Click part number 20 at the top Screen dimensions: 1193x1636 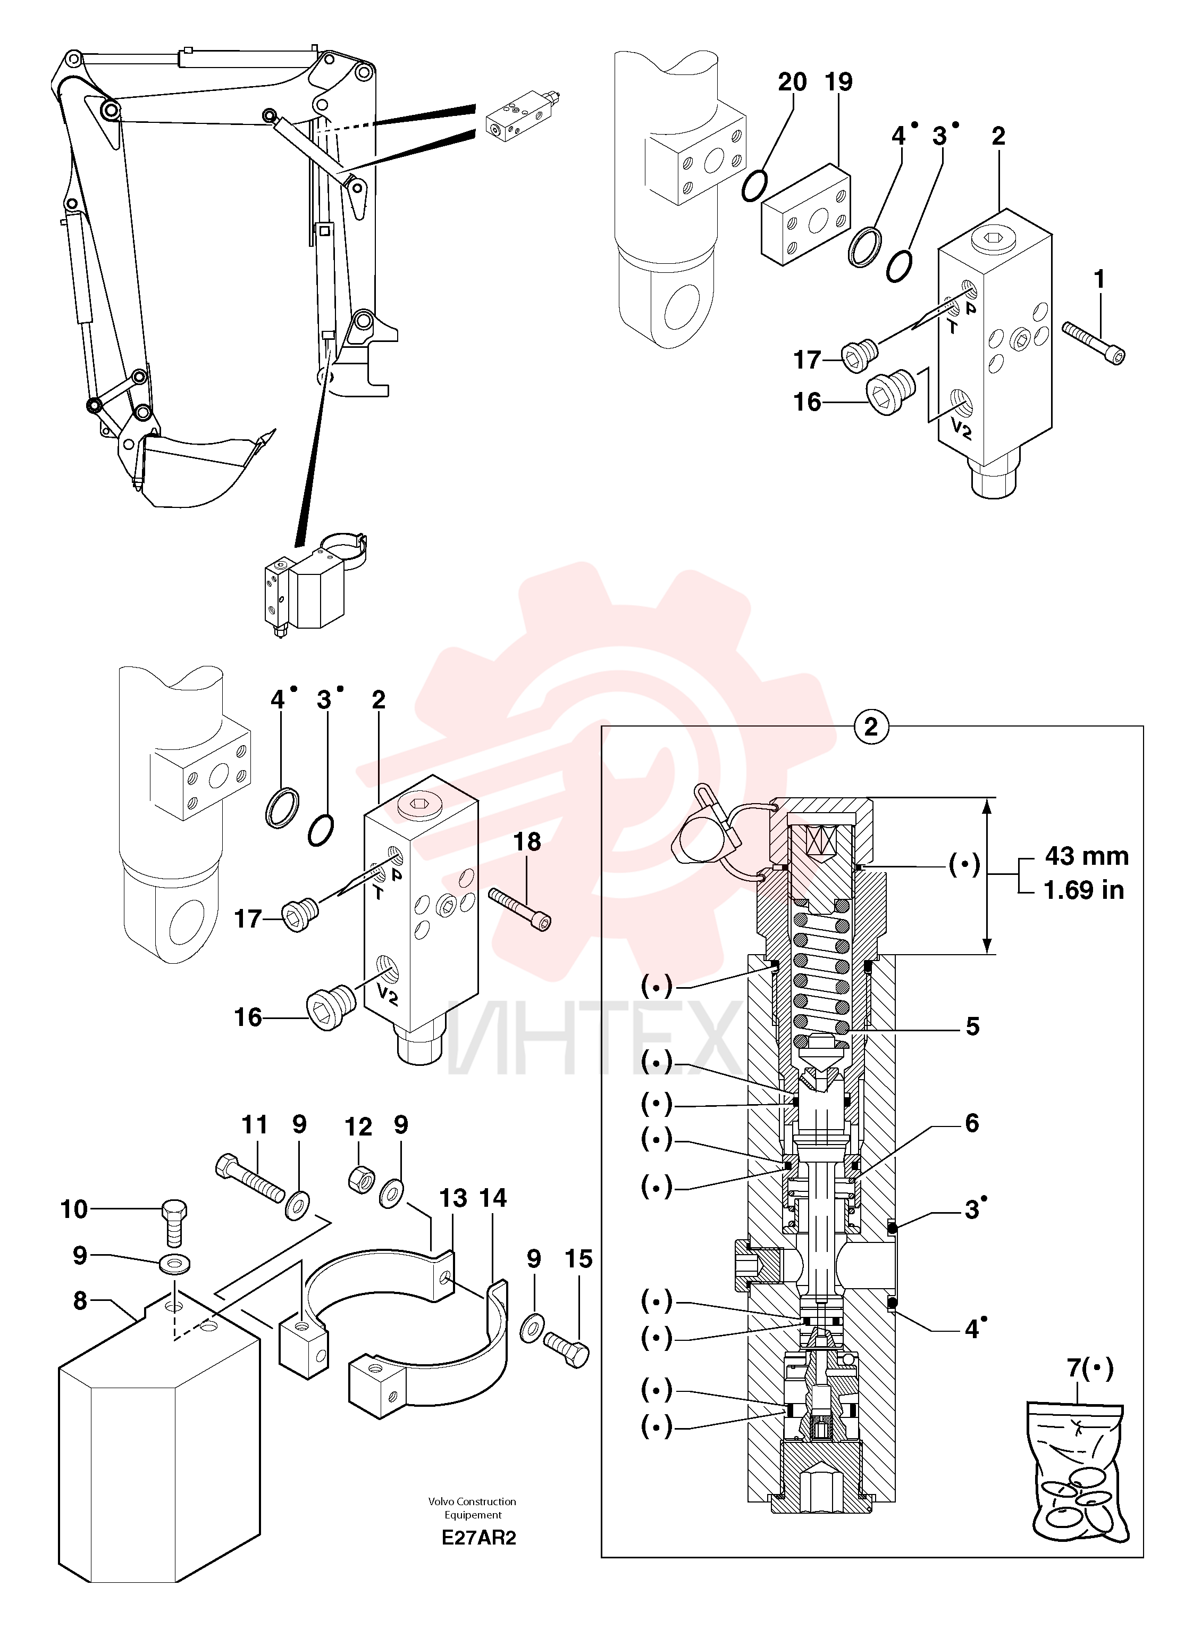click(792, 82)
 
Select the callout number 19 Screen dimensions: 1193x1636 click(838, 82)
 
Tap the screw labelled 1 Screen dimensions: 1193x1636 click(1095, 344)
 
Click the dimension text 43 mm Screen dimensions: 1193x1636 click(1086, 856)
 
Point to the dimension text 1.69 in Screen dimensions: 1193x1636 click(1084, 890)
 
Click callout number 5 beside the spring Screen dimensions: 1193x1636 click(973, 1026)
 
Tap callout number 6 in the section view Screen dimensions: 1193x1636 click(972, 1123)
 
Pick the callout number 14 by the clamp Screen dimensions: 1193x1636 click(493, 1198)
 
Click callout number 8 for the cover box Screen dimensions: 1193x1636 click(80, 1301)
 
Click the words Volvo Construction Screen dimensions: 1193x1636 click(472, 1501)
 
